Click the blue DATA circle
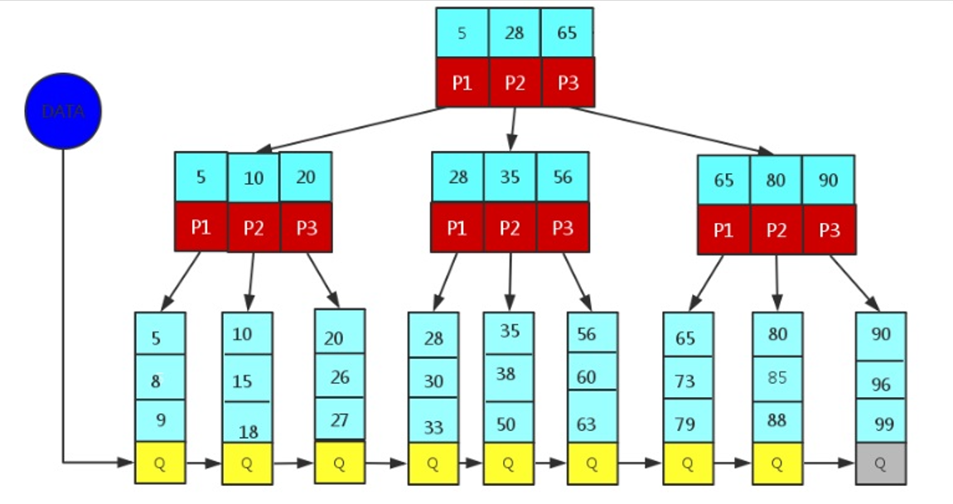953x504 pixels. click(x=63, y=111)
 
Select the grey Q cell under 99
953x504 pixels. click(x=880, y=463)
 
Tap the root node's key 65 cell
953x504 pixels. click(x=567, y=33)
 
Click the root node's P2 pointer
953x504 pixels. click(x=515, y=82)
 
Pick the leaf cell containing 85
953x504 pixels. click(x=776, y=378)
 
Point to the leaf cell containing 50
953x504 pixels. click(x=508, y=422)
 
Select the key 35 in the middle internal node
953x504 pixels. click(x=510, y=177)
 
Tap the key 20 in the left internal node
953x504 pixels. click(x=306, y=177)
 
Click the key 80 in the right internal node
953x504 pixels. click(x=776, y=180)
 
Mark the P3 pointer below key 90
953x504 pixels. click(x=829, y=230)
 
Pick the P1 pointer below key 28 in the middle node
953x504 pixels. click(x=457, y=227)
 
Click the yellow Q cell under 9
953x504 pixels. click(x=160, y=463)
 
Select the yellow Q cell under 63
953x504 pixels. click(x=592, y=463)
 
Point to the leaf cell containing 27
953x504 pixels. click(x=339, y=419)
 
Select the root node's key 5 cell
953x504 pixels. click(x=462, y=33)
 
